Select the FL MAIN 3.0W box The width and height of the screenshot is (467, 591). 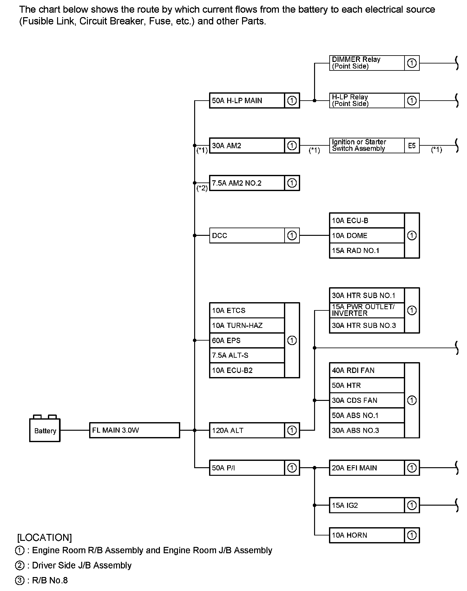click(x=134, y=430)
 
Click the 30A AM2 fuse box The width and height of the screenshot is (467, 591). click(x=247, y=146)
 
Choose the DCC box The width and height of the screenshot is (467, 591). click(x=247, y=236)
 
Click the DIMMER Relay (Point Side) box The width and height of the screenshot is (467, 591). click(x=366, y=63)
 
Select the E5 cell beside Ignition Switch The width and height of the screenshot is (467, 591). click(x=412, y=146)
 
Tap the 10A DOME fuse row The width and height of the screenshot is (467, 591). click(x=366, y=236)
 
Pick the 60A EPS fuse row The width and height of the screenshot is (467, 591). click(x=247, y=340)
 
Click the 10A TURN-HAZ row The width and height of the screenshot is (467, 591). click(x=247, y=325)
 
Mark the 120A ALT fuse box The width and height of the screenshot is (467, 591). click(x=247, y=430)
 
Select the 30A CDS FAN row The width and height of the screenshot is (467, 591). click(x=366, y=400)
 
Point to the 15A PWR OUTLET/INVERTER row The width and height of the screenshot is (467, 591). click(x=366, y=310)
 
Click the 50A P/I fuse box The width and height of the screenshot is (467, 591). click(x=247, y=468)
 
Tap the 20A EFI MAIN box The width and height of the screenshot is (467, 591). click(x=366, y=468)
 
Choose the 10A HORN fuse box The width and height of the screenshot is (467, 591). click(x=366, y=535)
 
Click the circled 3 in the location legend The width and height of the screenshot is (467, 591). click(x=20, y=581)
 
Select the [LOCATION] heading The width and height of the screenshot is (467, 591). click(x=45, y=537)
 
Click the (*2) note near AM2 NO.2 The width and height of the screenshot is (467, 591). click(x=202, y=188)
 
